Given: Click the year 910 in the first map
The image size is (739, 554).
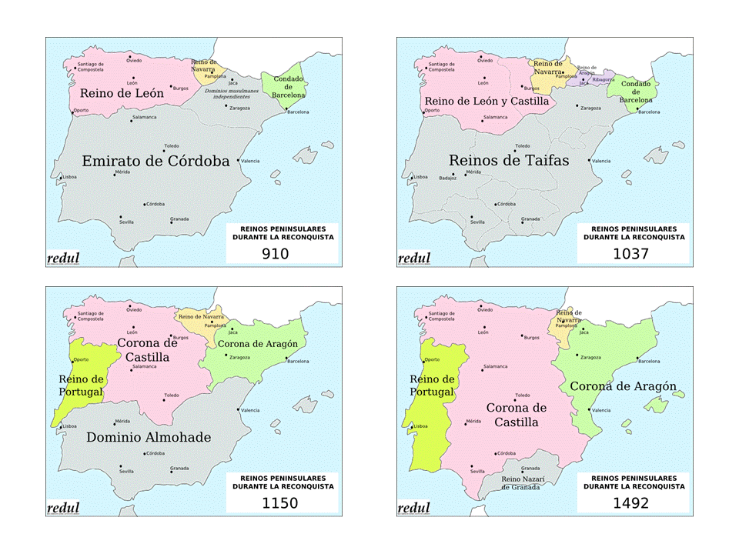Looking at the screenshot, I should [x=275, y=252].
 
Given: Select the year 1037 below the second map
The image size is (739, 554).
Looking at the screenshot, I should [x=631, y=252].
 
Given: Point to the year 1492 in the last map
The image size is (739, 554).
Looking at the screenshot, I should [x=631, y=504].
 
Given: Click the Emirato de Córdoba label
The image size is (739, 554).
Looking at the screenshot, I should [x=155, y=161].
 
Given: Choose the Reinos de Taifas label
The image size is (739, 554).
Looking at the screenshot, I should [x=509, y=160].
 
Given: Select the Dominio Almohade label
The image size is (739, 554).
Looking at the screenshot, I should [x=149, y=437].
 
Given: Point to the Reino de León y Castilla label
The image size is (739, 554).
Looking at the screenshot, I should [x=487, y=101].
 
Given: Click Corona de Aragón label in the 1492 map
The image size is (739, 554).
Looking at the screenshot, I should [x=623, y=386].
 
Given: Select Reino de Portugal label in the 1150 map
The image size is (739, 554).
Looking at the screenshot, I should [x=81, y=385].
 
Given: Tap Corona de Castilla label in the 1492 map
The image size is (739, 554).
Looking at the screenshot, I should [x=516, y=415].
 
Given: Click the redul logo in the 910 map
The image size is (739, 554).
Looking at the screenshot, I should [x=63, y=259].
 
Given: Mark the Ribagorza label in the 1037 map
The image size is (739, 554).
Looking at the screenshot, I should [x=604, y=79].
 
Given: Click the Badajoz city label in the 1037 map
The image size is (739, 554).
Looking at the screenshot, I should [x=447, y=178].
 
